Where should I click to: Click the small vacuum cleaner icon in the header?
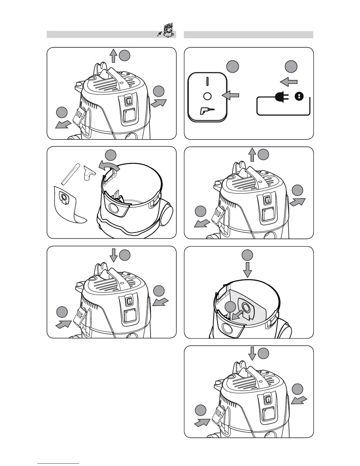pyautogui.click(x=167, y=30)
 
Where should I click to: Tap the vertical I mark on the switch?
pyautogui.click(x=207, y=81)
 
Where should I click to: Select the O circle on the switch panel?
pyautogui.click(x=207, y=96)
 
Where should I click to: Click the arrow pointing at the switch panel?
pyautogui.click(x=231, y=95)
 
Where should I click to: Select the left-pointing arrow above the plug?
pyautogui.click(x=289, y=81)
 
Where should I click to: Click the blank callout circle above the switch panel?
pyautogui.click(x=233, y=67)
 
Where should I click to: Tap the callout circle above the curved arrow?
pyautogui.click(x=111, y=155)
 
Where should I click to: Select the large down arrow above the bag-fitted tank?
pyautogui.click(x=248, y=270)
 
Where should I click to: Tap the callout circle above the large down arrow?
pyautogui.click(x=248, y=255)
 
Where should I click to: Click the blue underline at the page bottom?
pyautogui.click(x=58, y=463)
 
